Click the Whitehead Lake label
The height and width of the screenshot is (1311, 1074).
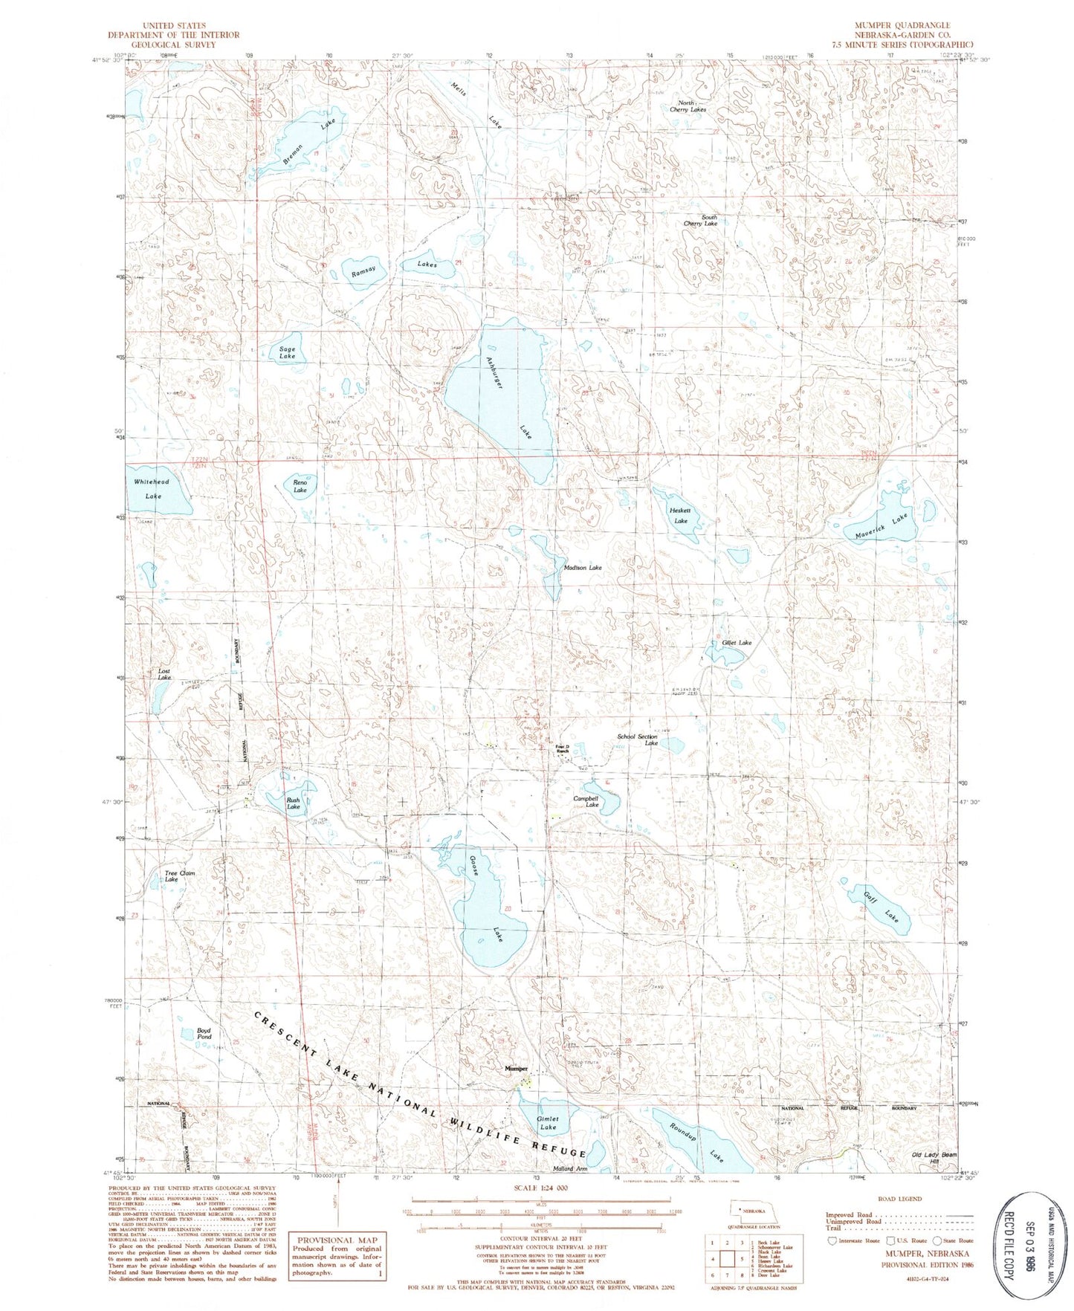(x=152, y=488)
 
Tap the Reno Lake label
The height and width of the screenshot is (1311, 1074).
(x=300, y=486)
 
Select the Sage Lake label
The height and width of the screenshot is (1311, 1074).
(x=287, y=352)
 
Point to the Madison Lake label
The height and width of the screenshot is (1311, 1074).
(x=583, y=567)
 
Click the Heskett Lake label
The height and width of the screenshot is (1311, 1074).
(x=680, y=516)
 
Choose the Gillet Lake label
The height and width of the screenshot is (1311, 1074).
(x=737, y=642)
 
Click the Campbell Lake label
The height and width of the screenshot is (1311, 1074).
(x=586, y=801)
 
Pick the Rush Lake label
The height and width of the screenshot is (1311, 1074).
(x=294, y=803)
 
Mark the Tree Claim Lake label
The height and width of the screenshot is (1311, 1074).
(x=178, y=876)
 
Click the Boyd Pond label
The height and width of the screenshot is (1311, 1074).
(x=204, y=1033)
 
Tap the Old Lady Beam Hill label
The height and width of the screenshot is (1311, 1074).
(x=934, y=1158)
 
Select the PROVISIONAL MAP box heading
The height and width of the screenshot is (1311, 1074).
(x=337, y=1240)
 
